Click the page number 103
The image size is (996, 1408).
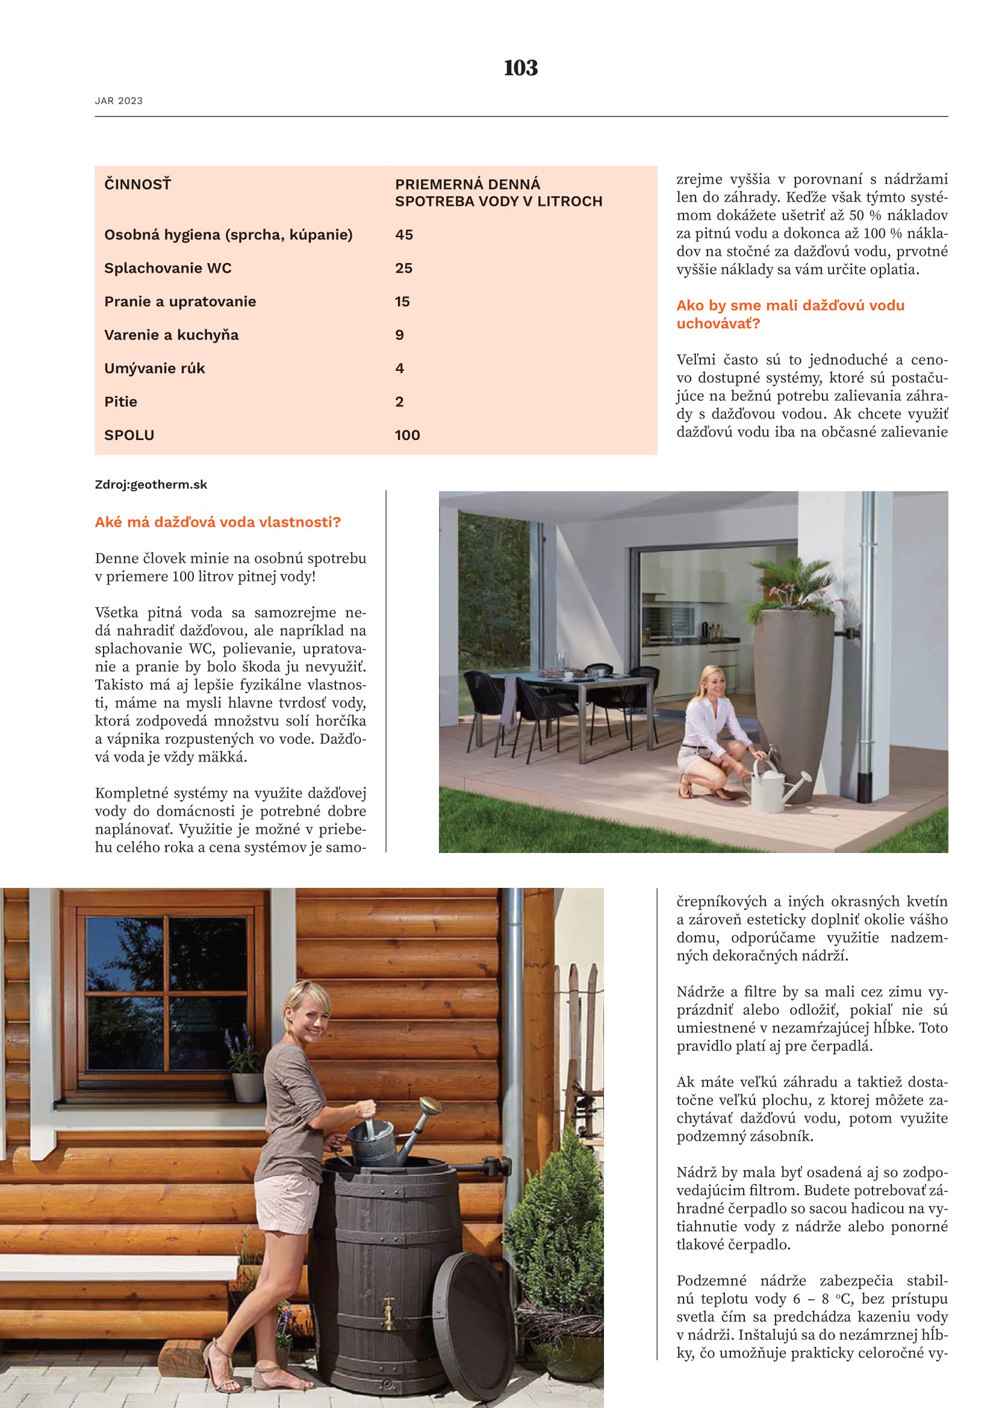521,68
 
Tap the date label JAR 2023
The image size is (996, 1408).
119,101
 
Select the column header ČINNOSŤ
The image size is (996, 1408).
137,184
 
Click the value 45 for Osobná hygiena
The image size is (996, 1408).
404,235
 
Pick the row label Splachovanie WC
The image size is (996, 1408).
168,268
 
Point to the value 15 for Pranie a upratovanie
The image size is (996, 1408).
402,302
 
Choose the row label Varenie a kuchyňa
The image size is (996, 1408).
171,335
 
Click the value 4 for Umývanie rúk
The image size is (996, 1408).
400,368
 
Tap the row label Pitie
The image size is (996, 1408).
121,402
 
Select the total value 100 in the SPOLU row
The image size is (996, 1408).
407,435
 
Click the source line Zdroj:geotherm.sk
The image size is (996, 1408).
151,485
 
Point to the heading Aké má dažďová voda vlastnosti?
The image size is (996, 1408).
218,523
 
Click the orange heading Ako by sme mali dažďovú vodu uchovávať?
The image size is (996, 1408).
790,314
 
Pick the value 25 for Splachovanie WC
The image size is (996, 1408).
403,268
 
